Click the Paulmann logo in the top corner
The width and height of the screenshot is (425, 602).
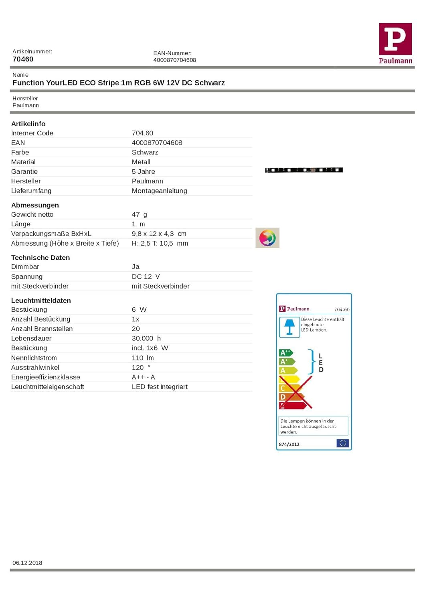pyautogui.click(x=395, y=43)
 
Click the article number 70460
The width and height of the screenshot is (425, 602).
pyautogui.click(x=23, y=59)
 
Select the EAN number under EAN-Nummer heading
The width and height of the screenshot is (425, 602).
pyautogui.click(x=174, y=60)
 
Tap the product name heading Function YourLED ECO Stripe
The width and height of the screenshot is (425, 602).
pyautogui.click(x=118, y=83)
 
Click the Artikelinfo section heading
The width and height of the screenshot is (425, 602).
pyautogui.click(x=28, y=124)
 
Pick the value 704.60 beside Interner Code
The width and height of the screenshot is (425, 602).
pyautogui.click(x=142, y=133)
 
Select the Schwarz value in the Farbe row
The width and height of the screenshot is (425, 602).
pyautogui.click(x=145, y=153)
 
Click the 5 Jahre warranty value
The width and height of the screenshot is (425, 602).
pyautogui.click(x=143, y=172)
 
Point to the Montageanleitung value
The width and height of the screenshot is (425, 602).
pyautogui.click(x=159, y=191)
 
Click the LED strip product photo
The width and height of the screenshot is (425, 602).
pyautogui.click(x=304, y=170)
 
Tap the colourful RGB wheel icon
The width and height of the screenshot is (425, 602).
pyautogui.click(x=267, y=238)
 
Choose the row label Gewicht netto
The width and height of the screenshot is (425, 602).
pyautogui.click(x=32, y=215)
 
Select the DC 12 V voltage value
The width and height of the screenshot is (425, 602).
pyautogui.click(x=146, y=277)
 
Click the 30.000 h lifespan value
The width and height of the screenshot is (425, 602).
pyautogui.click(x=146, y=339)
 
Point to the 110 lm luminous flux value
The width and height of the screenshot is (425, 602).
pyautogui.click(x=143, y=358)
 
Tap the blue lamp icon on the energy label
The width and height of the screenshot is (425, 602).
pyautogui.click(x=289, y=327)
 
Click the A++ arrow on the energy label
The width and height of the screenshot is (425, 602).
pyautogui.click(x=285, y=353)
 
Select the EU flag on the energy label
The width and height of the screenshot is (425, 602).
pyautogui.click(x=342, y=443)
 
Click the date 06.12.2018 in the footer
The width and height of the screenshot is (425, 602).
pyautogui.click(x=27, y=563)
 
